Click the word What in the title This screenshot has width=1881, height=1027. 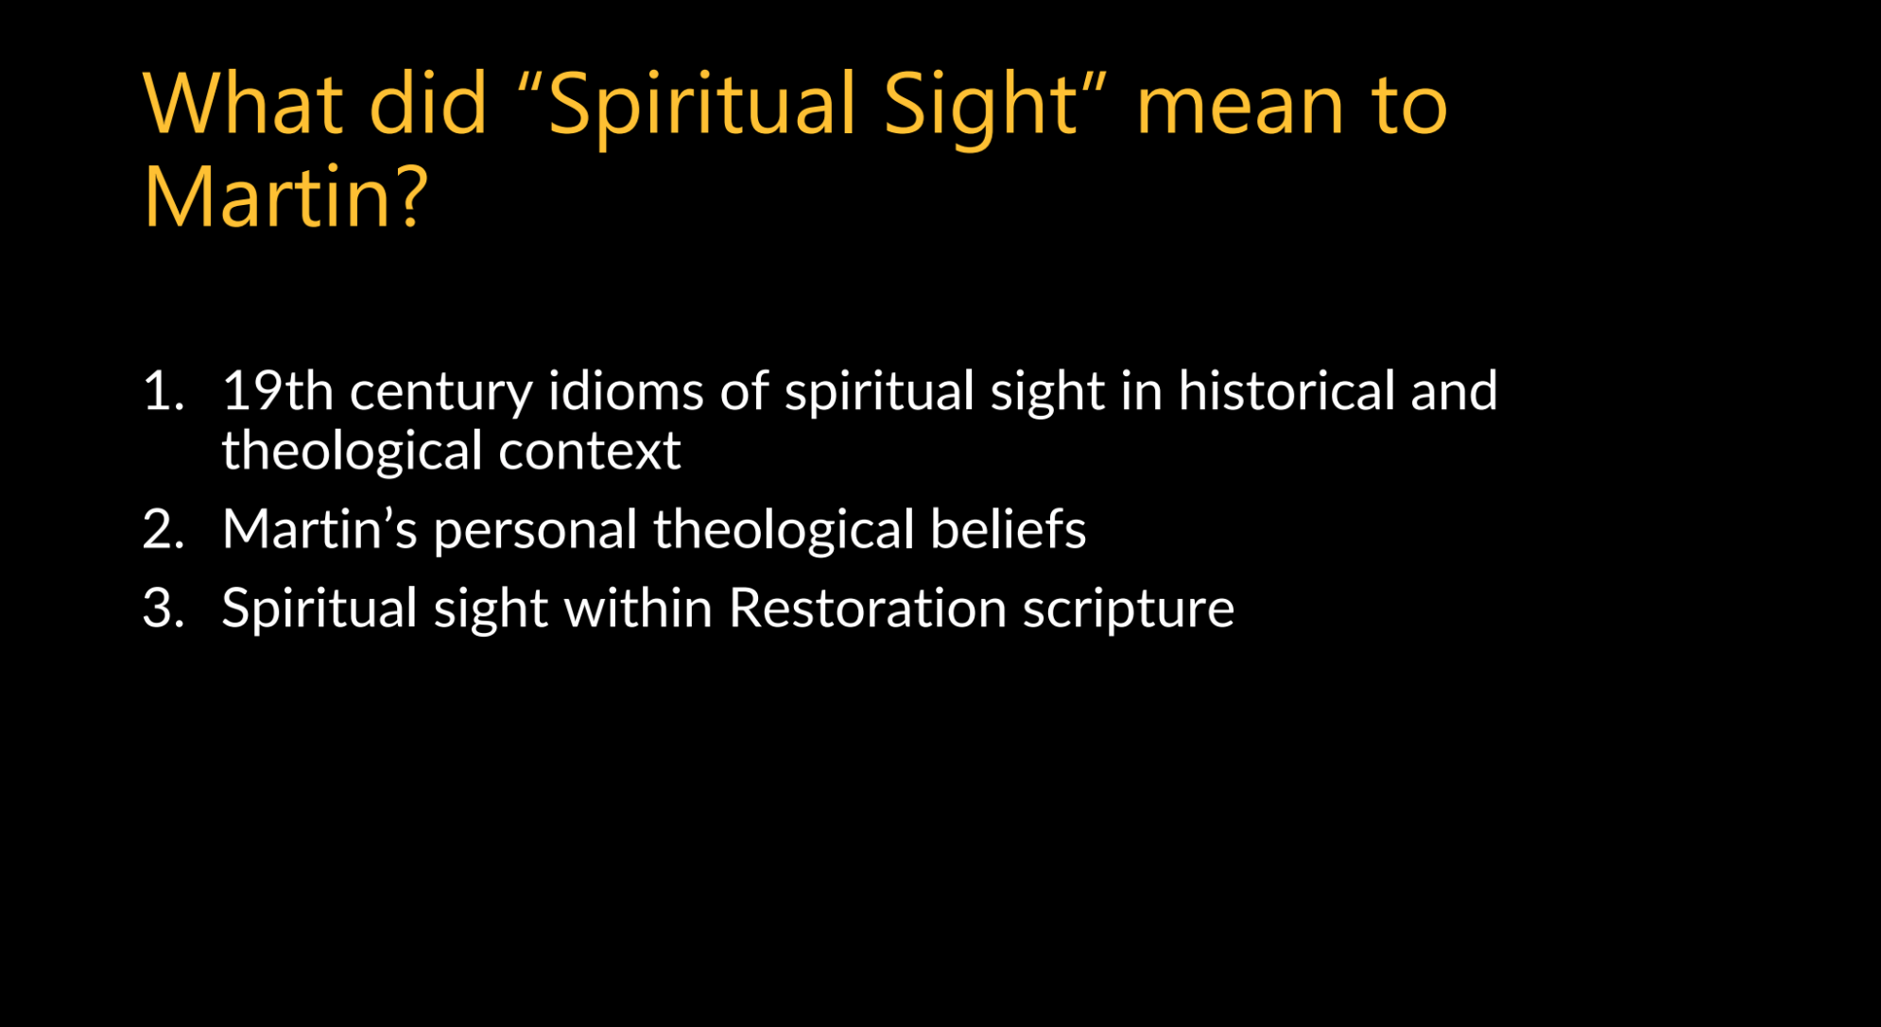243,103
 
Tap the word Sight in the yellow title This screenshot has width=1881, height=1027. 980,108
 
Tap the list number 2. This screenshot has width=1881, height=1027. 163,528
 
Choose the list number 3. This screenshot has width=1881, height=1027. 163,607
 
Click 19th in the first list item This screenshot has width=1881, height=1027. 278,390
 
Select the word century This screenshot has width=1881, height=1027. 441,395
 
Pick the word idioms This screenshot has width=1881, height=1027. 626,390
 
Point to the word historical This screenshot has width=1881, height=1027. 1286,390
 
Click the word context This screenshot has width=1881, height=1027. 590,452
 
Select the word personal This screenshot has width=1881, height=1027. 535,533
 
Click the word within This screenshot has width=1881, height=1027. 638,607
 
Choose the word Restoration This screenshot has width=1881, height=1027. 868,607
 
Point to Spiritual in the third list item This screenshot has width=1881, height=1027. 319,610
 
